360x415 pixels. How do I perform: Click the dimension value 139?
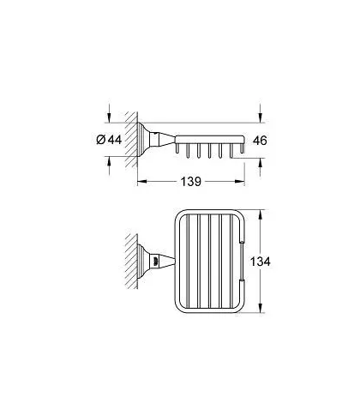point(191,181)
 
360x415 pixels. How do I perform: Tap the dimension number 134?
point(260,262)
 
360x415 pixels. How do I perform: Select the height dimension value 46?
point(260,141)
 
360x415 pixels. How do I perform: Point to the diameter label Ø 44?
point(109,140)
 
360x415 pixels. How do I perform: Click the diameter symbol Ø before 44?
point(101,140)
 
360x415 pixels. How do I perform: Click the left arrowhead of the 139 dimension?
point(142,181)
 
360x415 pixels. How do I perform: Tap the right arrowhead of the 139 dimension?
point(240,181)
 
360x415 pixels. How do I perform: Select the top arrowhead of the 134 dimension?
point(260,214)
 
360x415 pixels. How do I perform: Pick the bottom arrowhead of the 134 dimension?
point(260,308)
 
